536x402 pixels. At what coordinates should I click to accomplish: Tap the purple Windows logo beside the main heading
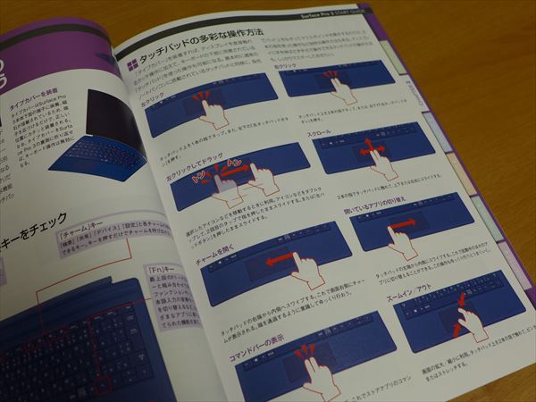pos(130,64)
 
